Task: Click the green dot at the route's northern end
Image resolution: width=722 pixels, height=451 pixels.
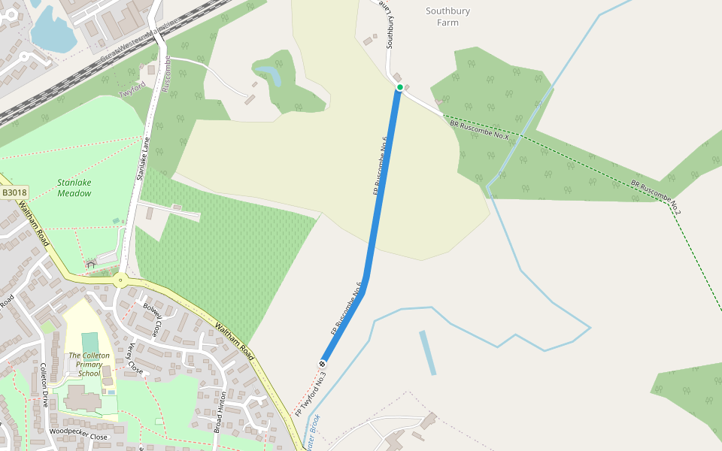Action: pos(400,88)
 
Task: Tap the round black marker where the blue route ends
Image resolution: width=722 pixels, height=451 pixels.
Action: pos(323,365)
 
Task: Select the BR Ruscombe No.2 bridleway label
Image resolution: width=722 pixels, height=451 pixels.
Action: pos(655,195)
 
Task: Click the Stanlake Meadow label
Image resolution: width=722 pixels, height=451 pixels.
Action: pos(74,188)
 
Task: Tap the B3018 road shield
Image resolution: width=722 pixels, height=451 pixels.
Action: pos(14,193)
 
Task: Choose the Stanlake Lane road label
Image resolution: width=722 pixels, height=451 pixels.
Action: pos(143,159)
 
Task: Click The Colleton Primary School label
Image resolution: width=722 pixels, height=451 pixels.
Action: pos(89,364)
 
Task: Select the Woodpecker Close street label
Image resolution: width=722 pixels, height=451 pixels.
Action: pos(78,434)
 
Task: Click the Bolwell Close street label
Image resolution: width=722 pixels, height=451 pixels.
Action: pos(152,320)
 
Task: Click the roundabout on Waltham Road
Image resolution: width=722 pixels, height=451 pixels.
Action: pos(120,281)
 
